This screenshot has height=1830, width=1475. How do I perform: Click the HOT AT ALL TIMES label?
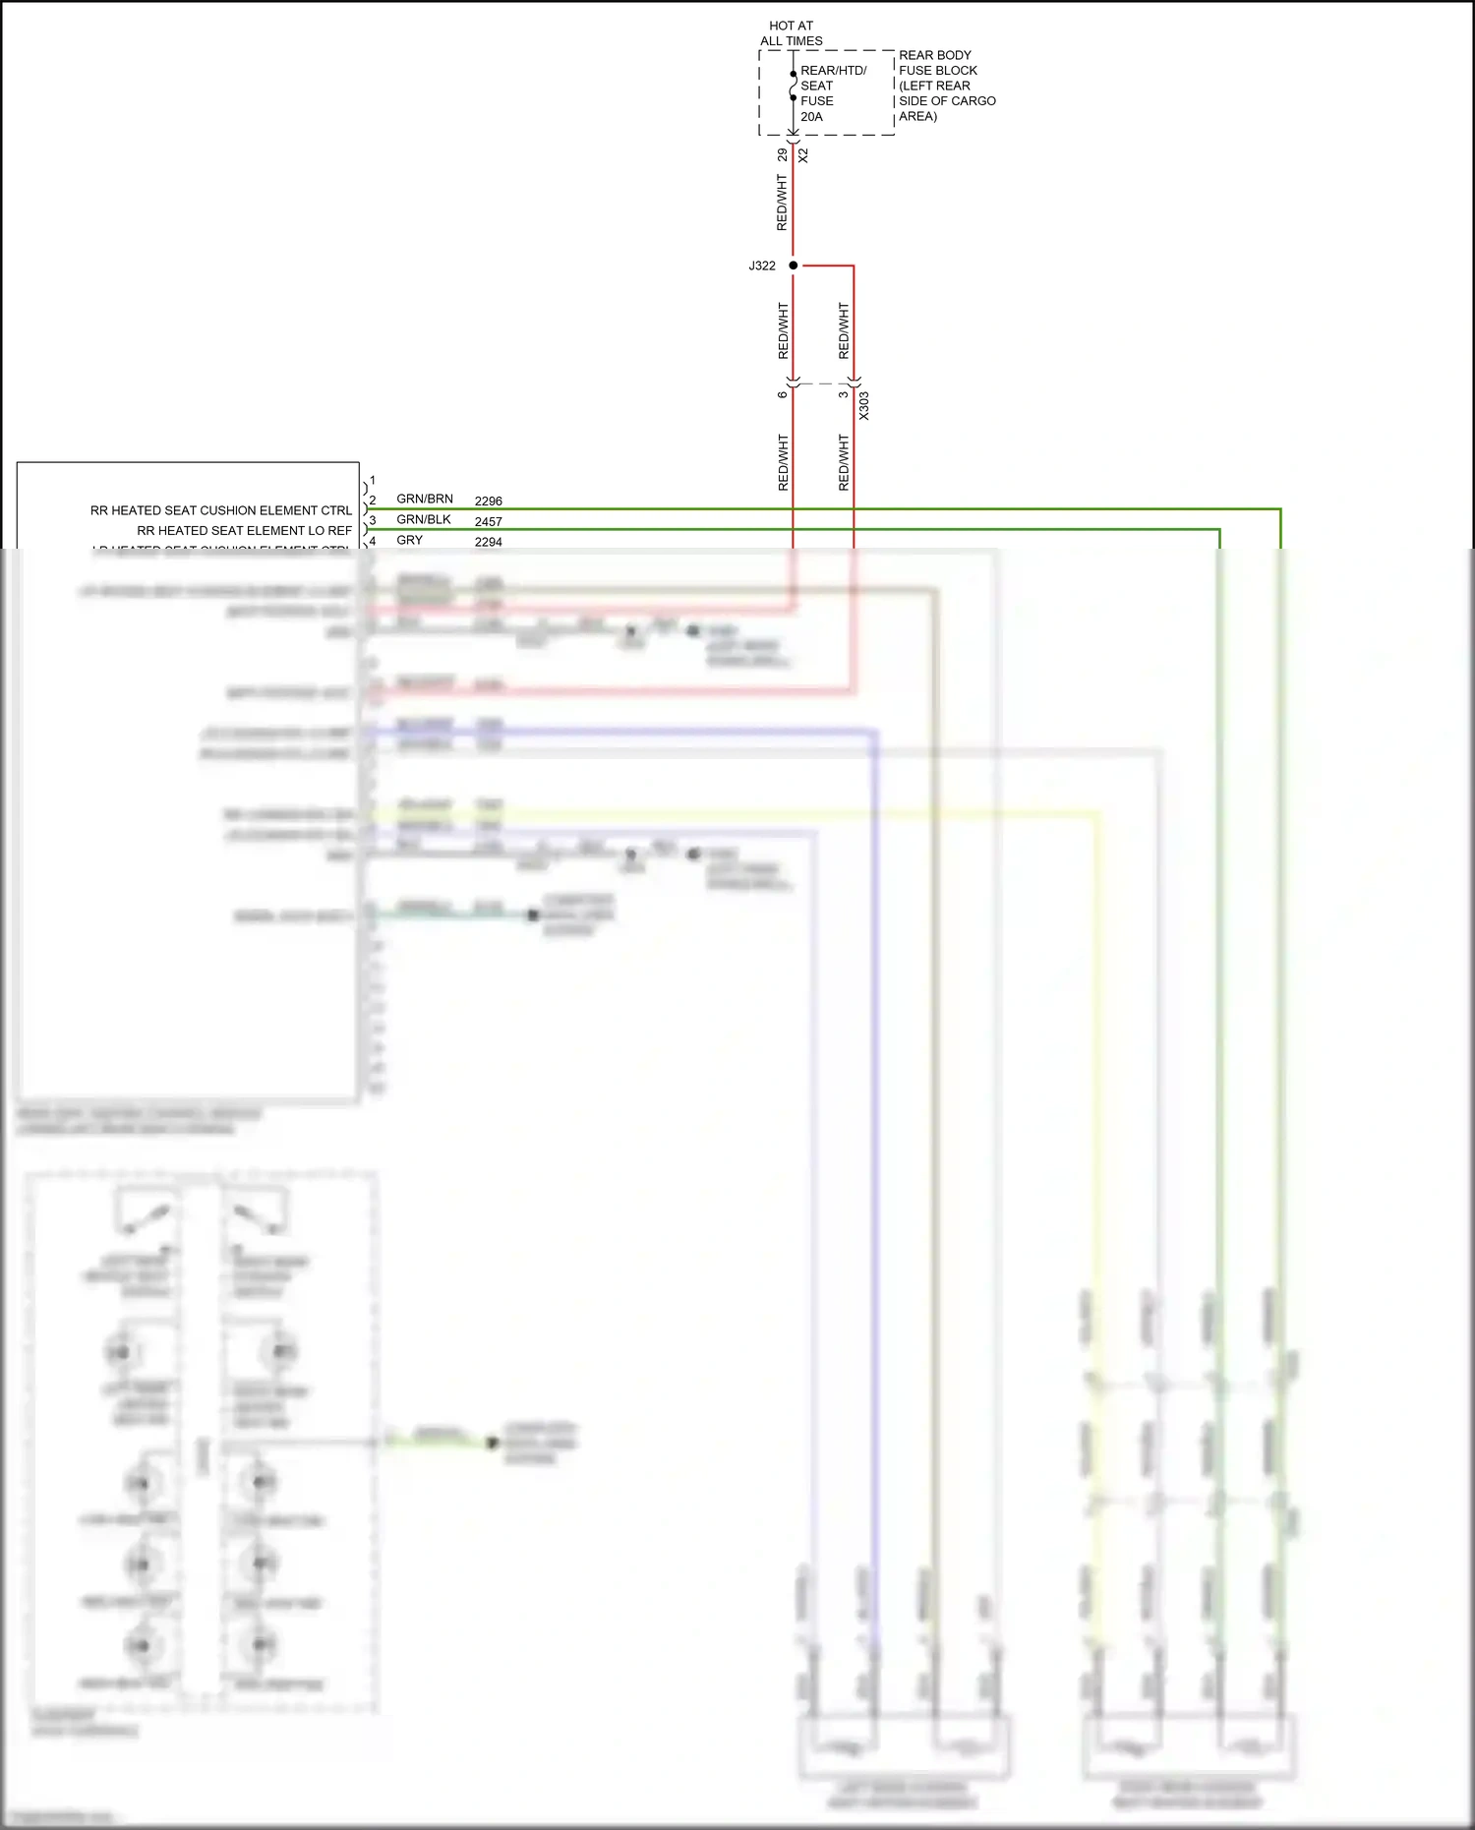click(791, 33)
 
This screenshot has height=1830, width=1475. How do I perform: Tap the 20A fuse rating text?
click(811, 116)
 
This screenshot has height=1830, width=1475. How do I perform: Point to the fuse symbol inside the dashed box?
click(793, 86)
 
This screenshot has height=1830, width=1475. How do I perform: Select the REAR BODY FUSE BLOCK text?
click(946, 86)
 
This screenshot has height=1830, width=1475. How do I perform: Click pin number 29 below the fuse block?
click(782, 154)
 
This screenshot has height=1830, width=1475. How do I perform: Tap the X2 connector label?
click(803, 155)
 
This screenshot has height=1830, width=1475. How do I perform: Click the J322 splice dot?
click(793, 266)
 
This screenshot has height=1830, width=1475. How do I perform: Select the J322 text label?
click(762, 266)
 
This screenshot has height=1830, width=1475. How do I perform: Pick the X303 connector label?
click(863, 406)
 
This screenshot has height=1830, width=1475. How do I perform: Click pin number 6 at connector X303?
click(782, 395)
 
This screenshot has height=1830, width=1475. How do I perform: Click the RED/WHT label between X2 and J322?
click(782, 203)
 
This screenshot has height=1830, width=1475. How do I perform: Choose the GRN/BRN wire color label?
click(425, 500)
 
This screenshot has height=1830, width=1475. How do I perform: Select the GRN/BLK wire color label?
click(424, 519)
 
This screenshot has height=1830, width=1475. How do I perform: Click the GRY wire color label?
click(409, 540)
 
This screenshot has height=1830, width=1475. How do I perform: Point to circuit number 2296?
click(488, 502)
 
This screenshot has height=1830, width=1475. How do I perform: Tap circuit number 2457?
click(488, 522)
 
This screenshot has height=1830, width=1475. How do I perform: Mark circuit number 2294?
click(488, 542)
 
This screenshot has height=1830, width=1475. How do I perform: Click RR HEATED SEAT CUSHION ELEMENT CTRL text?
click(221, 510)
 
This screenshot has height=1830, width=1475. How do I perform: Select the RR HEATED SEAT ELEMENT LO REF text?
click(244, 530)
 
